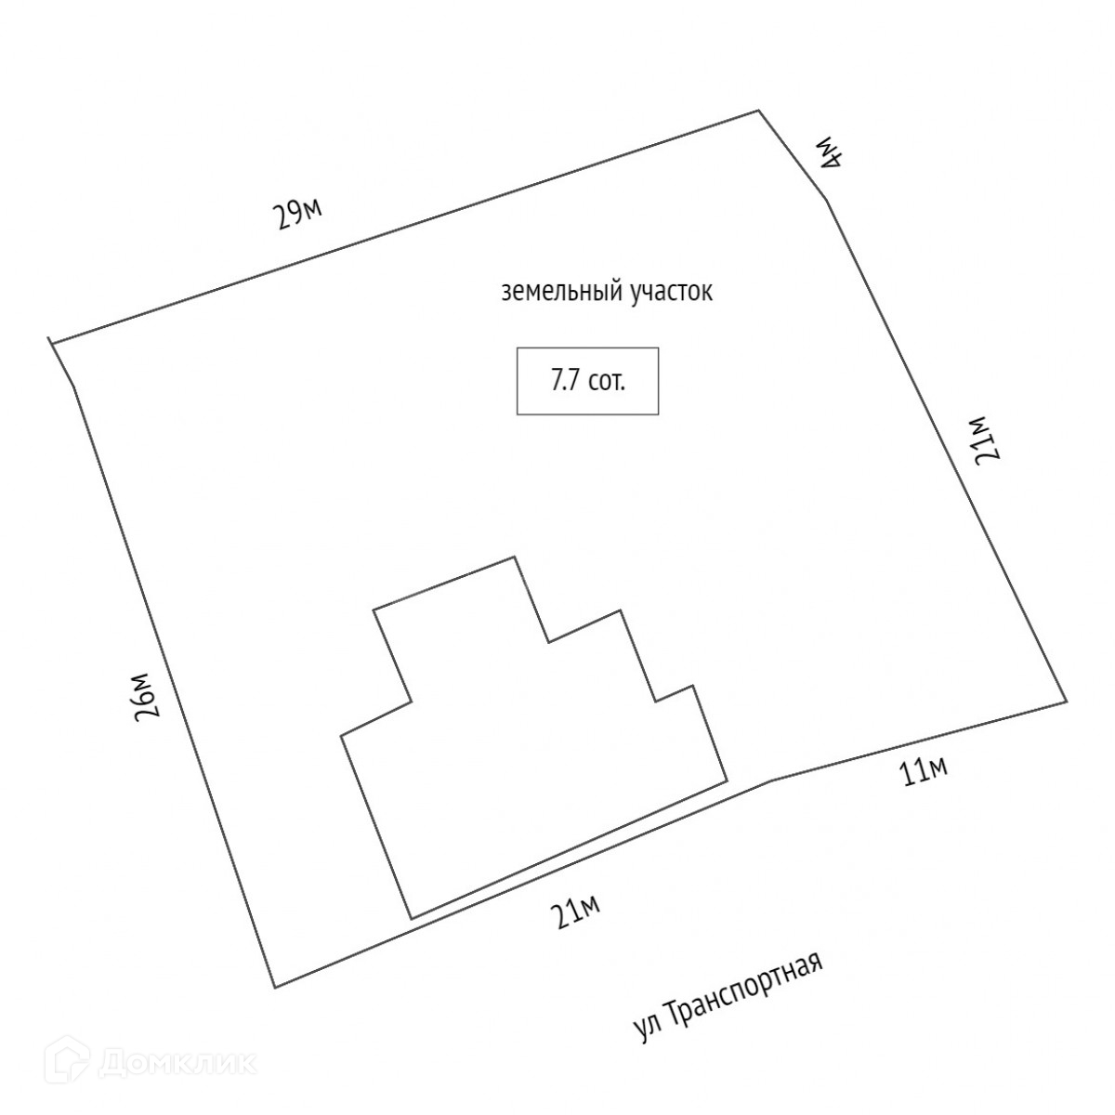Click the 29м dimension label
pyautogui.click(x=297, y=214)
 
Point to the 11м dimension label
pyautogui.click(x=924, y=771)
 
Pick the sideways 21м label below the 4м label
pyautogui.click(x=982, y=438)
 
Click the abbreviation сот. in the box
pyautogui.click(x=607, y=381)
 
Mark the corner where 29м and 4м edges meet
pyautogui.click(x=760, y=111)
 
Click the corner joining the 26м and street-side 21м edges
pyautogui.click(x=274, y=988)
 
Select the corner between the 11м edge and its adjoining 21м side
pyautogui.click(x=1066, y=701)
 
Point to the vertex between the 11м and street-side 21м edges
pyautogui.click(x=770, y=780)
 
